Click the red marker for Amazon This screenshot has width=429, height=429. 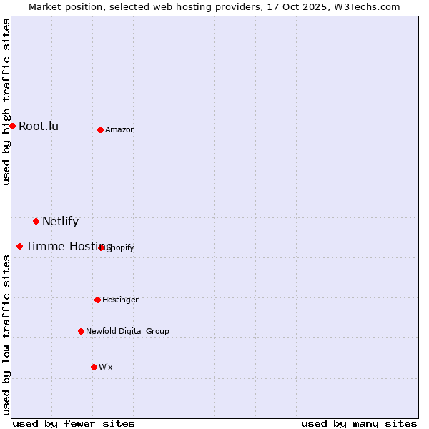[x=101, y=129]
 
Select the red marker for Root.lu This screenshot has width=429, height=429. [x=12, y=126]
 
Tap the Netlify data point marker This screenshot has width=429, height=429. [x=36, y=221]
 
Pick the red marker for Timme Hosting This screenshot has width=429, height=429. [x=19, y=246]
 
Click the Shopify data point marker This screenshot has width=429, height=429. [x=102, y=247]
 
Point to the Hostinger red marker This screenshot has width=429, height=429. [x=97, y=300]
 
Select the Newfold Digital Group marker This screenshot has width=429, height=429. [x=81, y=331]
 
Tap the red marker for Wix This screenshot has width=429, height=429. [x=94, y=367]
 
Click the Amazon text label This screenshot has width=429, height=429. [x=120, y=129]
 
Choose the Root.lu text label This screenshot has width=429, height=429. [x=39, y=127]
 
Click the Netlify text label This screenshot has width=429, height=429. [x=60, y=221]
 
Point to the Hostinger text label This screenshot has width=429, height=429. [x=120, y=300]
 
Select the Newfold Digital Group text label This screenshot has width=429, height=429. [x=127, y=331]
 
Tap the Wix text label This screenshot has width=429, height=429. [x=106, y=367]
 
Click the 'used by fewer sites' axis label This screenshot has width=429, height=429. [x=74, y=423]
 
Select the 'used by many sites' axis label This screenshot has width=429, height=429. [x=359, y=423]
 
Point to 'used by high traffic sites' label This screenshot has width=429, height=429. [x=6, y=102]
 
